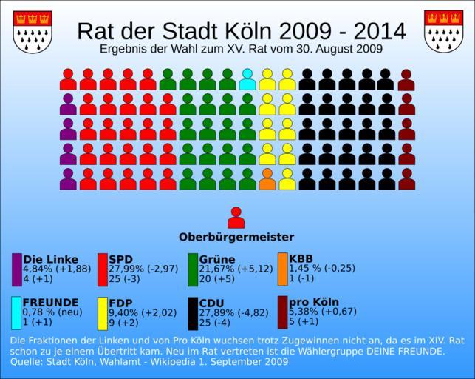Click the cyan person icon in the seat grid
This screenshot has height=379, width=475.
coord(247,79)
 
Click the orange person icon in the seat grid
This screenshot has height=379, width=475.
coord(267,179)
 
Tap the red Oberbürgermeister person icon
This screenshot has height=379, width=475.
coord(236,218)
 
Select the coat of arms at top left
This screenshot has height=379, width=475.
coord(33,32)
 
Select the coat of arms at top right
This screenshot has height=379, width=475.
coord(442,32)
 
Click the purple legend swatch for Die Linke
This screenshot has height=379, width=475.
coord(17,269)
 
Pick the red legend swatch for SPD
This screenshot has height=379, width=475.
coord(103,269)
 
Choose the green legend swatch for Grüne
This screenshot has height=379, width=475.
coord(193,269)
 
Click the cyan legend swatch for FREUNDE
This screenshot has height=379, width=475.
coord(17,312)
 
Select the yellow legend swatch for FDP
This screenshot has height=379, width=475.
coord(103,312)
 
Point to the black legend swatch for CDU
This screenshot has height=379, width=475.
coord(193,312)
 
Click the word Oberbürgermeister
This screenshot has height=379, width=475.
coord(236,238)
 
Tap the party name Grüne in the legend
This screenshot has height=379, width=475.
coord(217,259)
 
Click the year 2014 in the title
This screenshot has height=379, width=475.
coord(379,32)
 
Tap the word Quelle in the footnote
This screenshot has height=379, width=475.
coord(28,363)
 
